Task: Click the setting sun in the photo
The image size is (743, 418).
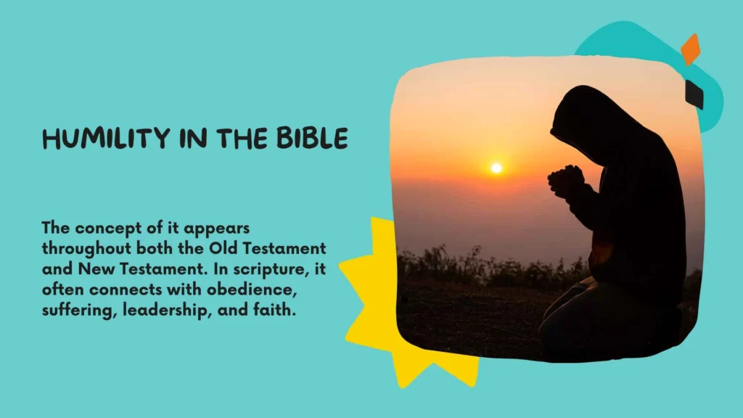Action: tap(496, 168)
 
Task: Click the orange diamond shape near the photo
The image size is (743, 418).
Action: tap(691, 49)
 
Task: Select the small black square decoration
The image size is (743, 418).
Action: tap(694, 94)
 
